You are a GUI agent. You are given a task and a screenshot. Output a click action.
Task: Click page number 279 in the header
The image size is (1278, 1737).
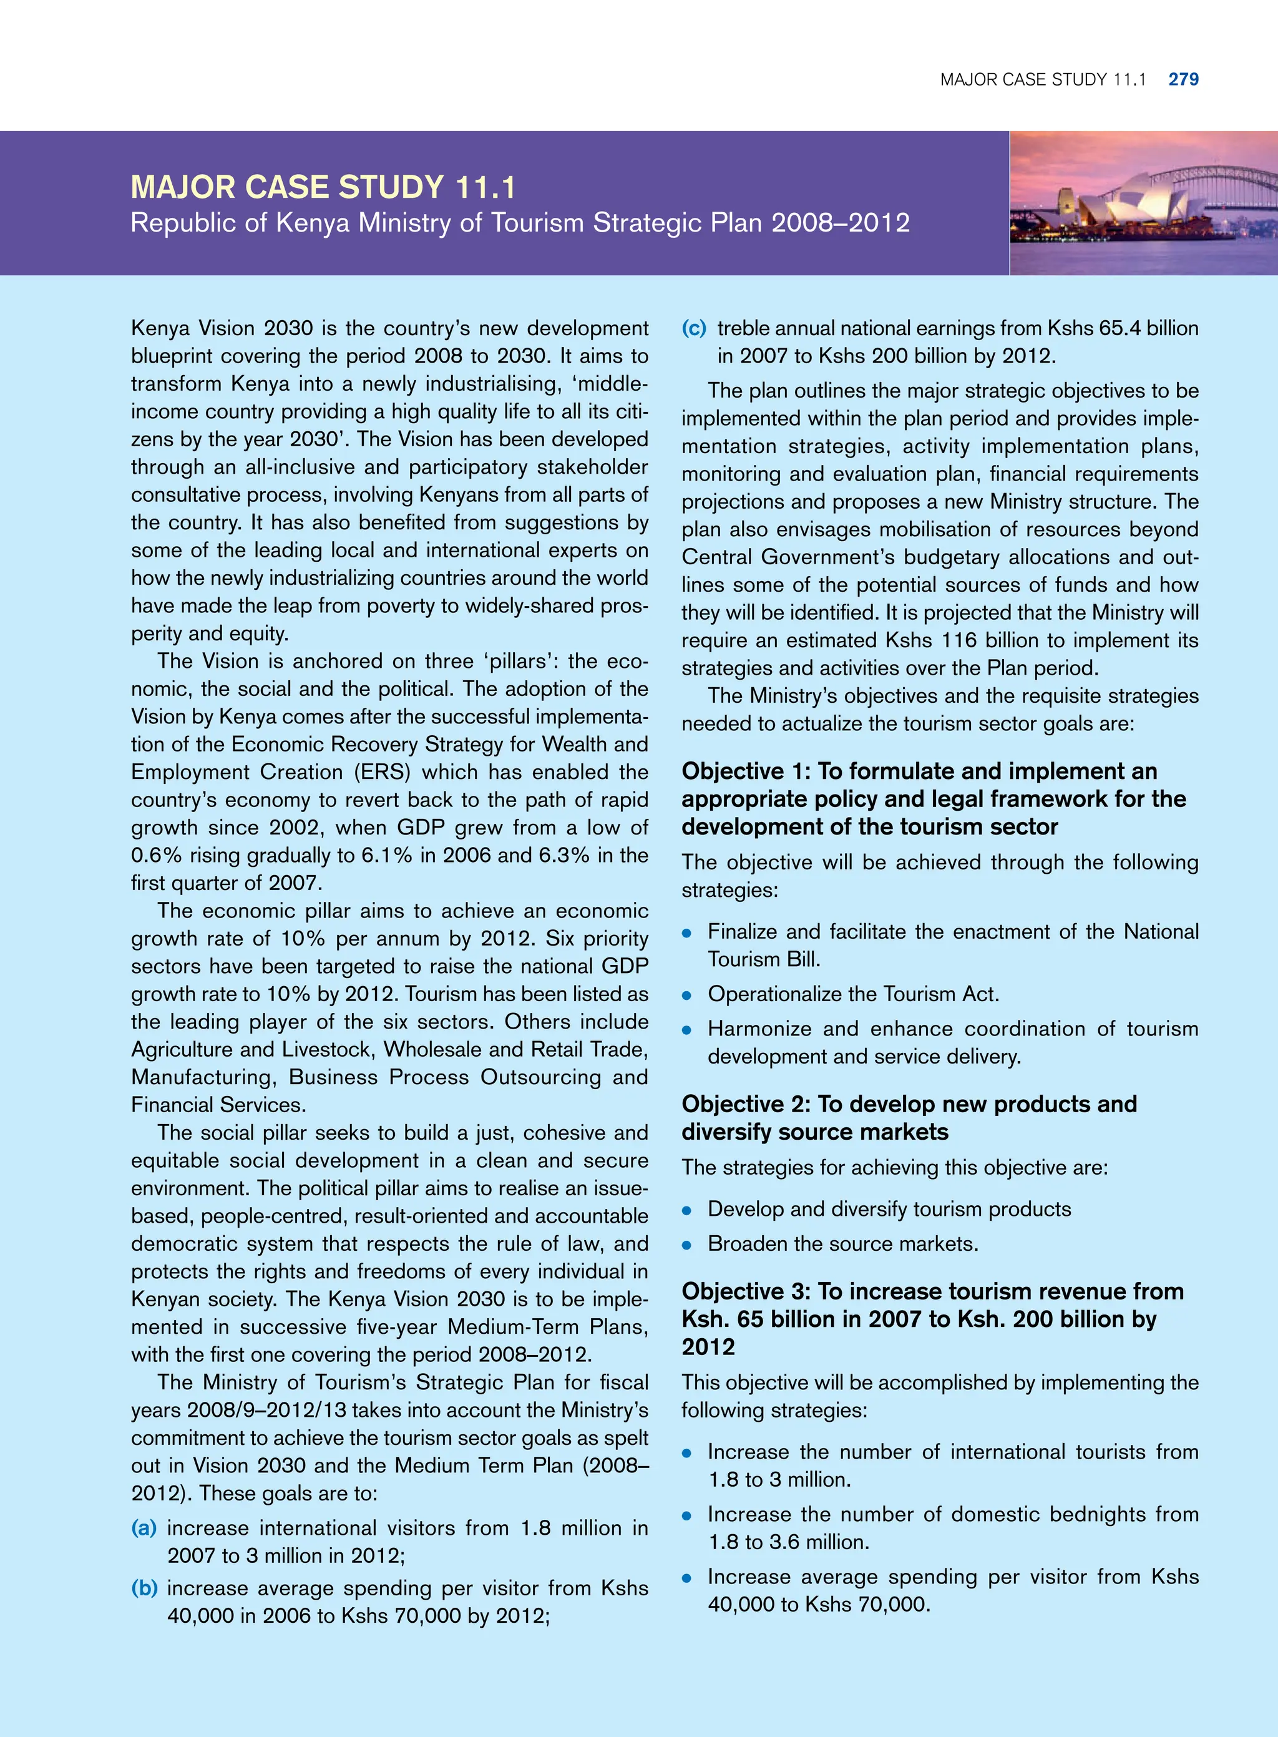click(x=1183, y=79)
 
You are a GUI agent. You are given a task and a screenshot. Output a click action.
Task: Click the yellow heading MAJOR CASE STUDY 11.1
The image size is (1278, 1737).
click(x=323, y=187)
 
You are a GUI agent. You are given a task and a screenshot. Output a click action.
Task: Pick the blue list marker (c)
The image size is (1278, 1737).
click(x=693, y=328)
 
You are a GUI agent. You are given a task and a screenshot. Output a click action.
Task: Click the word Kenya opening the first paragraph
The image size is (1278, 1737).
click(x=161, y=328)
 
